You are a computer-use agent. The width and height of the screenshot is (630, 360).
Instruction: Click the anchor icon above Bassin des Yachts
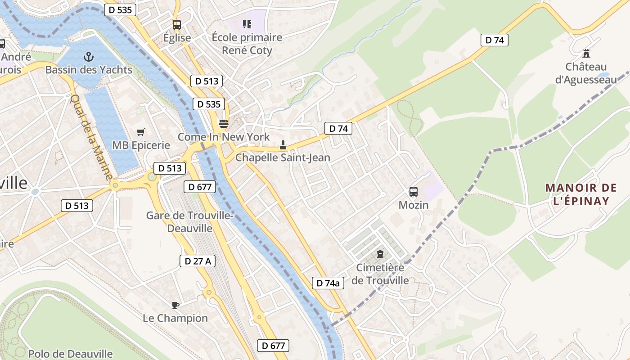pos(89,57)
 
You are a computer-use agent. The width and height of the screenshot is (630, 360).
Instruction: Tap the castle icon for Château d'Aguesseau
pos(586,54)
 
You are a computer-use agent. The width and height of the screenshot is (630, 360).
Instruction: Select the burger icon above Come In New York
pos(224,123)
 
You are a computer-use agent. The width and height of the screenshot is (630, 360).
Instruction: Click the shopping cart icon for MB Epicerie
pos(141,132)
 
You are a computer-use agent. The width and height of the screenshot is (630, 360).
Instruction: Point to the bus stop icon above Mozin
pos(414,192)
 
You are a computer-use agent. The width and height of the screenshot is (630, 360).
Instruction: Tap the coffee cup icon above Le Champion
pos(175,305)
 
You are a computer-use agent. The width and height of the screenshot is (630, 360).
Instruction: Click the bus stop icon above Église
pos(177,25)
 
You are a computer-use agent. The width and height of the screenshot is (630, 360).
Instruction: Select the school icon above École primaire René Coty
pos(247,24)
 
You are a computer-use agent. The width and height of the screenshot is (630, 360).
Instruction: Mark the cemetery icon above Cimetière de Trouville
pos(380,254)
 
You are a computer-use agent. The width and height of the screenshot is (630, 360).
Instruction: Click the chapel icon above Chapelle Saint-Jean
pos(283,145)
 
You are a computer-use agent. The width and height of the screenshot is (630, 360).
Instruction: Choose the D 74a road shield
pos(328,283)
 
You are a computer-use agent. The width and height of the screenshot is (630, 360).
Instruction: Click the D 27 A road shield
pos(198,261)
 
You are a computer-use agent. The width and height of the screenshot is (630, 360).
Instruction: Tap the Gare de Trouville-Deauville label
pos(189,222)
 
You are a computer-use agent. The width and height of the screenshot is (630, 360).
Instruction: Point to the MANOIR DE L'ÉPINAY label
pos(577,194)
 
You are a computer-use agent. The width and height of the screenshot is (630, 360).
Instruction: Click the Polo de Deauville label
pos(71,354)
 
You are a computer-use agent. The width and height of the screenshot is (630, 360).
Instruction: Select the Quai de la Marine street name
pos(91,137)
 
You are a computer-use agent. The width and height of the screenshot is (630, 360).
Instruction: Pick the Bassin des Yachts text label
pos(89,70)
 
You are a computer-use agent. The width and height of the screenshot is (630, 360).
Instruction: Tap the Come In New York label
pos(224,137)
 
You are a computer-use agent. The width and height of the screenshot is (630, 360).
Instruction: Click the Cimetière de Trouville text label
pos(380,274)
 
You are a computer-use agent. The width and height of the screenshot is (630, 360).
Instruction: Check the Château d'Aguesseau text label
pos(586,73)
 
